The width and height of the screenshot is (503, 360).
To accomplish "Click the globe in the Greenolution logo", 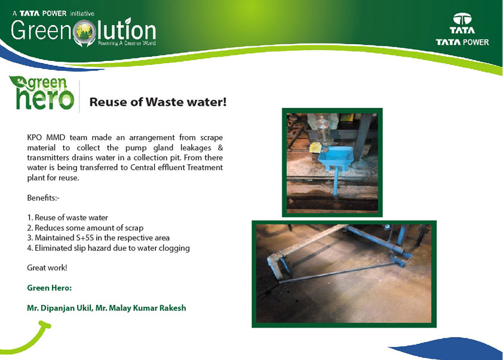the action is [x=84, y=32].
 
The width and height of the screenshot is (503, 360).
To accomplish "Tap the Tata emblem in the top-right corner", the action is [x=462, y=19].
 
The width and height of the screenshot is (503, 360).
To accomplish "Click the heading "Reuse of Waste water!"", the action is [x=158, y=102].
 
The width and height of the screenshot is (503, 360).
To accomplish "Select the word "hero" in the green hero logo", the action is [x=45, y=99].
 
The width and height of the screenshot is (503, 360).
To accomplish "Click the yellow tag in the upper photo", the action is [x=315, y=147].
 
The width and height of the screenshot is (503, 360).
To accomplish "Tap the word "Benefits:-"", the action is [x=43, y=198].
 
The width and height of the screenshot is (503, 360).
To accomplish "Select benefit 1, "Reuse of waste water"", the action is [x=68, y=218].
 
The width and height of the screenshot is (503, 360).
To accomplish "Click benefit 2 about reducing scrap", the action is [x=85, y=228].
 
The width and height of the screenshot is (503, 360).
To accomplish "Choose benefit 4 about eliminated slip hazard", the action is [x=109, y=248].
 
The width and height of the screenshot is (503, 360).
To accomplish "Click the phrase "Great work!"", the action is [x=47, y=267].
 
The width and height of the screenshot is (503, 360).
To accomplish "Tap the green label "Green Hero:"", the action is [x=50, y=288].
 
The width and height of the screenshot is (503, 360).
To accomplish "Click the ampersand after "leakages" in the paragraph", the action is [x=220, y=148].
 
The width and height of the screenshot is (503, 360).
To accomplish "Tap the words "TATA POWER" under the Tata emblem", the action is [x=462, y=42].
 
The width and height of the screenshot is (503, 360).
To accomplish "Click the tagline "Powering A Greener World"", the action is [x=127, y=43].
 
